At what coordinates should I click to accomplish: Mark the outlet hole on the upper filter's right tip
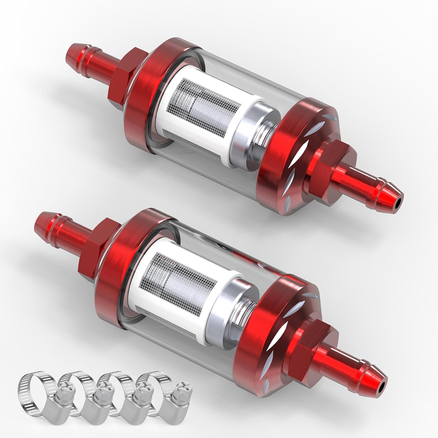click(396, 206)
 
